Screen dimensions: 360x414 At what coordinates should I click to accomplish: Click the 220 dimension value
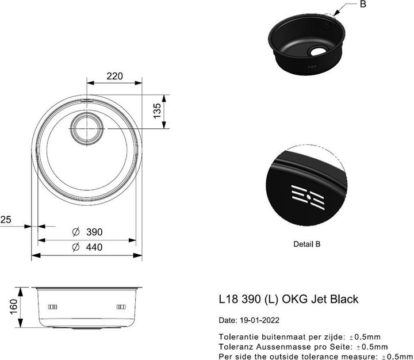tap(115, 75)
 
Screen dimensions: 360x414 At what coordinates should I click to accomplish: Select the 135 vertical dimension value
tap(157, 111)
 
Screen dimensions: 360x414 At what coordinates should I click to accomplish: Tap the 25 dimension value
tap(6, 219)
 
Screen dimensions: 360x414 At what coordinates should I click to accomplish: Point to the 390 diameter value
tap(94, 232)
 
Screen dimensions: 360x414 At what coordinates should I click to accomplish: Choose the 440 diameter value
tap(94, 247)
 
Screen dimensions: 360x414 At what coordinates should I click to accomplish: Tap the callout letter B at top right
tap(363, 5)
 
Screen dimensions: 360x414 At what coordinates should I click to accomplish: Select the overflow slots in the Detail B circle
tap(309, 196)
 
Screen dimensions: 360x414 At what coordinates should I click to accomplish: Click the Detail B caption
tap(306, 244)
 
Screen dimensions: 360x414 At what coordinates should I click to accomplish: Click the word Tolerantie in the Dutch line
tap(238, 336)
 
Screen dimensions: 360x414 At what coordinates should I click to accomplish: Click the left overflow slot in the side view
tap(52, 306)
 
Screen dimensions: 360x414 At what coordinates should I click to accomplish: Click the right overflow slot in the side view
tap(121, 306)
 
